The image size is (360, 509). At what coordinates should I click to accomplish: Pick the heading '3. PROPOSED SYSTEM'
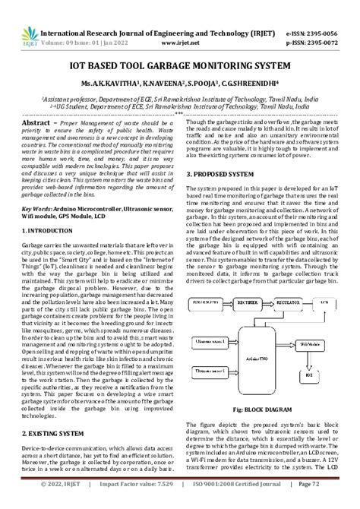(x=223, y=174)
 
